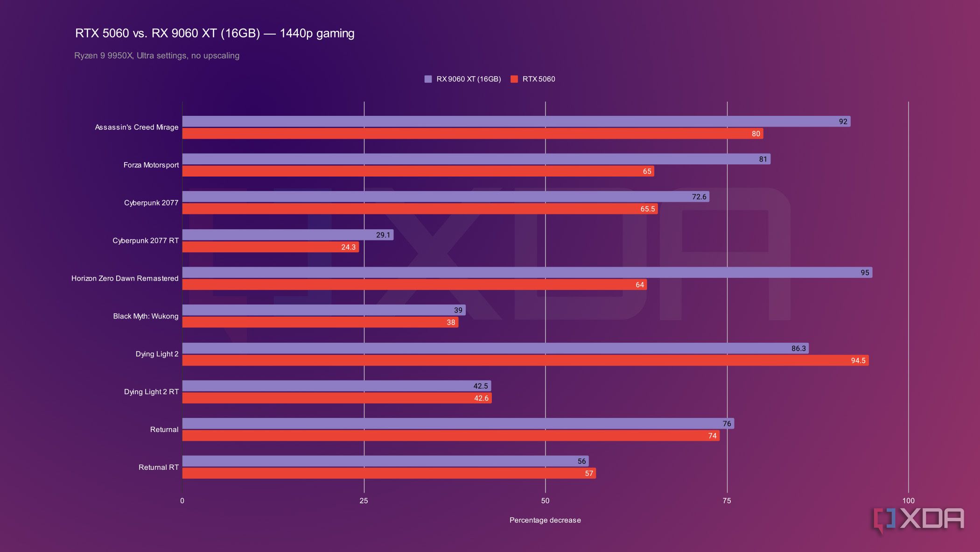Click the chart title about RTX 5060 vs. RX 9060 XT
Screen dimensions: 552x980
point(215,33)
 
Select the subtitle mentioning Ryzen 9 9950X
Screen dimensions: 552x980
point(157,56)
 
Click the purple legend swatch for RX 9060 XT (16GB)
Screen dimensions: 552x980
point(428,79)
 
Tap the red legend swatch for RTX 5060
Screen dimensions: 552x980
point(514,79)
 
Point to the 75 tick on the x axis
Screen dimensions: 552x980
point(727,501)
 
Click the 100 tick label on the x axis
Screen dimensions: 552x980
point(908,501)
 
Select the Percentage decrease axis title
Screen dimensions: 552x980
point(545,520)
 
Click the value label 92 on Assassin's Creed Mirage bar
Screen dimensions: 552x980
point(843,121)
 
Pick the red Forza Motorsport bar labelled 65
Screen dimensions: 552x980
point(418,171)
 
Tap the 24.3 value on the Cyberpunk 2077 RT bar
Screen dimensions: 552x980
point(348,247)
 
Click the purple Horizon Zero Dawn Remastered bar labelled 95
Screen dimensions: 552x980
point(526,272)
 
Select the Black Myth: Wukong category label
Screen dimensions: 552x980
point(146,316)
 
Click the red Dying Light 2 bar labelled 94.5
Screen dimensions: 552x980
point(525,361)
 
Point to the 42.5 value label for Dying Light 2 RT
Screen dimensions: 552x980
point(480,386)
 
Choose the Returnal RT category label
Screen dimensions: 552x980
point(159,467)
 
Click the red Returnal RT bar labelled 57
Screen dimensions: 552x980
point(388,474)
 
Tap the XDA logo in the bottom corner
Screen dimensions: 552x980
point(918,519)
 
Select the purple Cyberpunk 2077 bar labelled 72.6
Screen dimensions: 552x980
point(445,197)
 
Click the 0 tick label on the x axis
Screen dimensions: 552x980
point(182,501)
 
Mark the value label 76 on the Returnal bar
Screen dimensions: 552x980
point(727,424)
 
